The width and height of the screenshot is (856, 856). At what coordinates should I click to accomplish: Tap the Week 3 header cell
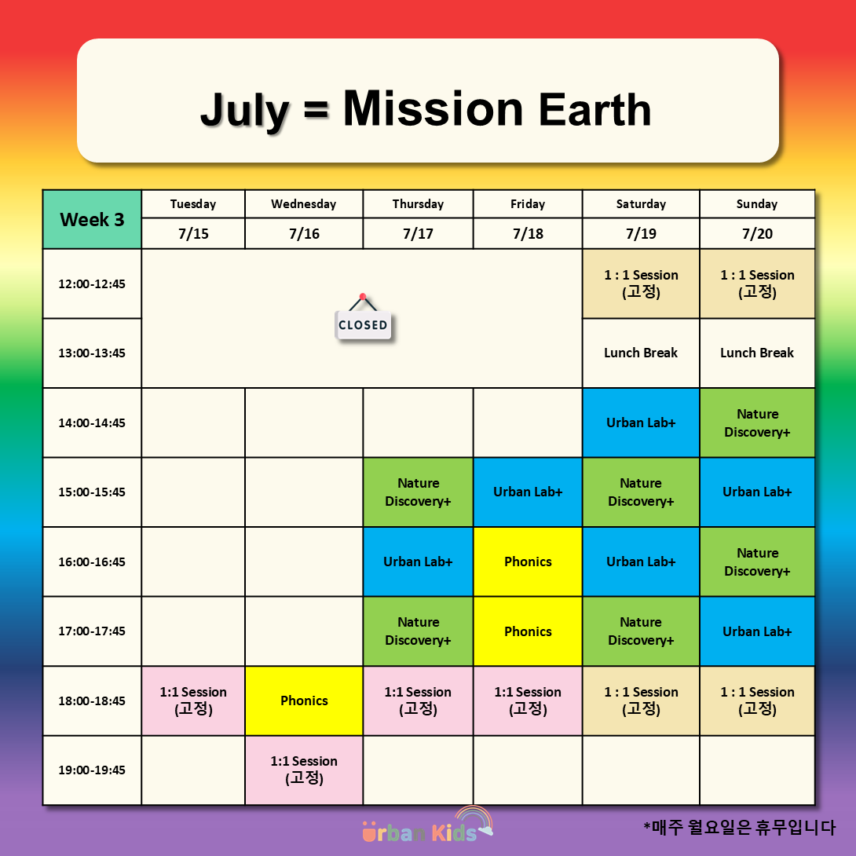[x=92, y=219]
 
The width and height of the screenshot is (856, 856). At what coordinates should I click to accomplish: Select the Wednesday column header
[x=304, y=204]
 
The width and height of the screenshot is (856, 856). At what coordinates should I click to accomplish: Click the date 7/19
[x=641, y=234]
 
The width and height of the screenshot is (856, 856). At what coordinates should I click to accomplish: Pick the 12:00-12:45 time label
[x=92, y=284]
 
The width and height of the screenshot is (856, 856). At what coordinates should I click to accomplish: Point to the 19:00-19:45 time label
[x=92, y=770]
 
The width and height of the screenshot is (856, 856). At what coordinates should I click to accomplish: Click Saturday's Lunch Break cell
[x=641, y=353]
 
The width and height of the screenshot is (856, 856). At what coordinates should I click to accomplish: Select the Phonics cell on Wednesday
[x=304, y=701]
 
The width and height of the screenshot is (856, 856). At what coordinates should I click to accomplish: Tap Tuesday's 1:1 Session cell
[x=193, y=701]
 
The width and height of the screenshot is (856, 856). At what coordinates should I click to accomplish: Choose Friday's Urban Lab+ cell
[x=528, y=492]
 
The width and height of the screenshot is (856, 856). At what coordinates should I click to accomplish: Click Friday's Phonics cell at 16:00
[x=528, y=562]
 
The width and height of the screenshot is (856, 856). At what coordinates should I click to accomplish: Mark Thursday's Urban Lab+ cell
[x=418, y=562]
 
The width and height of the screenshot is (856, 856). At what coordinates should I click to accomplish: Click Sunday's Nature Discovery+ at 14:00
[x=757, y=423]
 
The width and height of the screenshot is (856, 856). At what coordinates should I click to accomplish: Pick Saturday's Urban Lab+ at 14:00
[x=641, y=423]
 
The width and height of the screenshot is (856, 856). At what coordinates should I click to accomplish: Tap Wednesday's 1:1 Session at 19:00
[x=304, y=770]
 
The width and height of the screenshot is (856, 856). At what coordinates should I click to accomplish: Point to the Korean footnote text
[x=739, y=828]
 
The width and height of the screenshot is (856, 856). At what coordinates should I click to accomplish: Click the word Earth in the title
[x=595, y=109]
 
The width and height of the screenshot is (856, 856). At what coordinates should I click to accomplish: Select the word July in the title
[x=244, y=111]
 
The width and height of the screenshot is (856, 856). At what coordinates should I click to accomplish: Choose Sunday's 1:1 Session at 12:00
[x=757, y=284]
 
